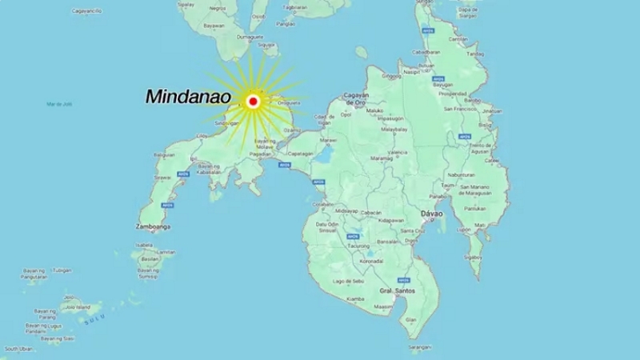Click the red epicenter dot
(x=253, y=101)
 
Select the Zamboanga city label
(x=153, y=227)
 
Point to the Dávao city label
(x=432, y=214)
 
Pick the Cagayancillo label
(x=86, y=12)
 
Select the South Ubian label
(x=18, y=349)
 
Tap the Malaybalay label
(x=395, y=129)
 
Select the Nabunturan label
(x=461, y=174)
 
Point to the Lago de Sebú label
(x=349, y=282)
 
